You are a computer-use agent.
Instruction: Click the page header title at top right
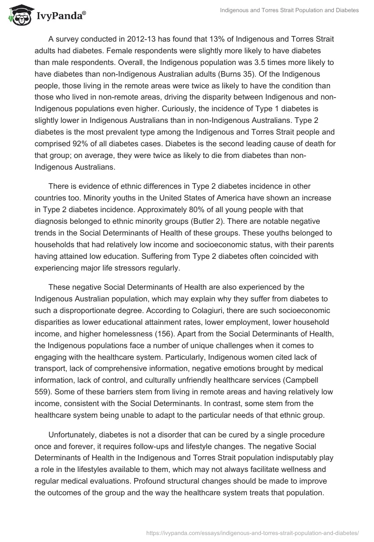(x=289, y=10)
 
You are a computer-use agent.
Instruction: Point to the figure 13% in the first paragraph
(x=217, y=39)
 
